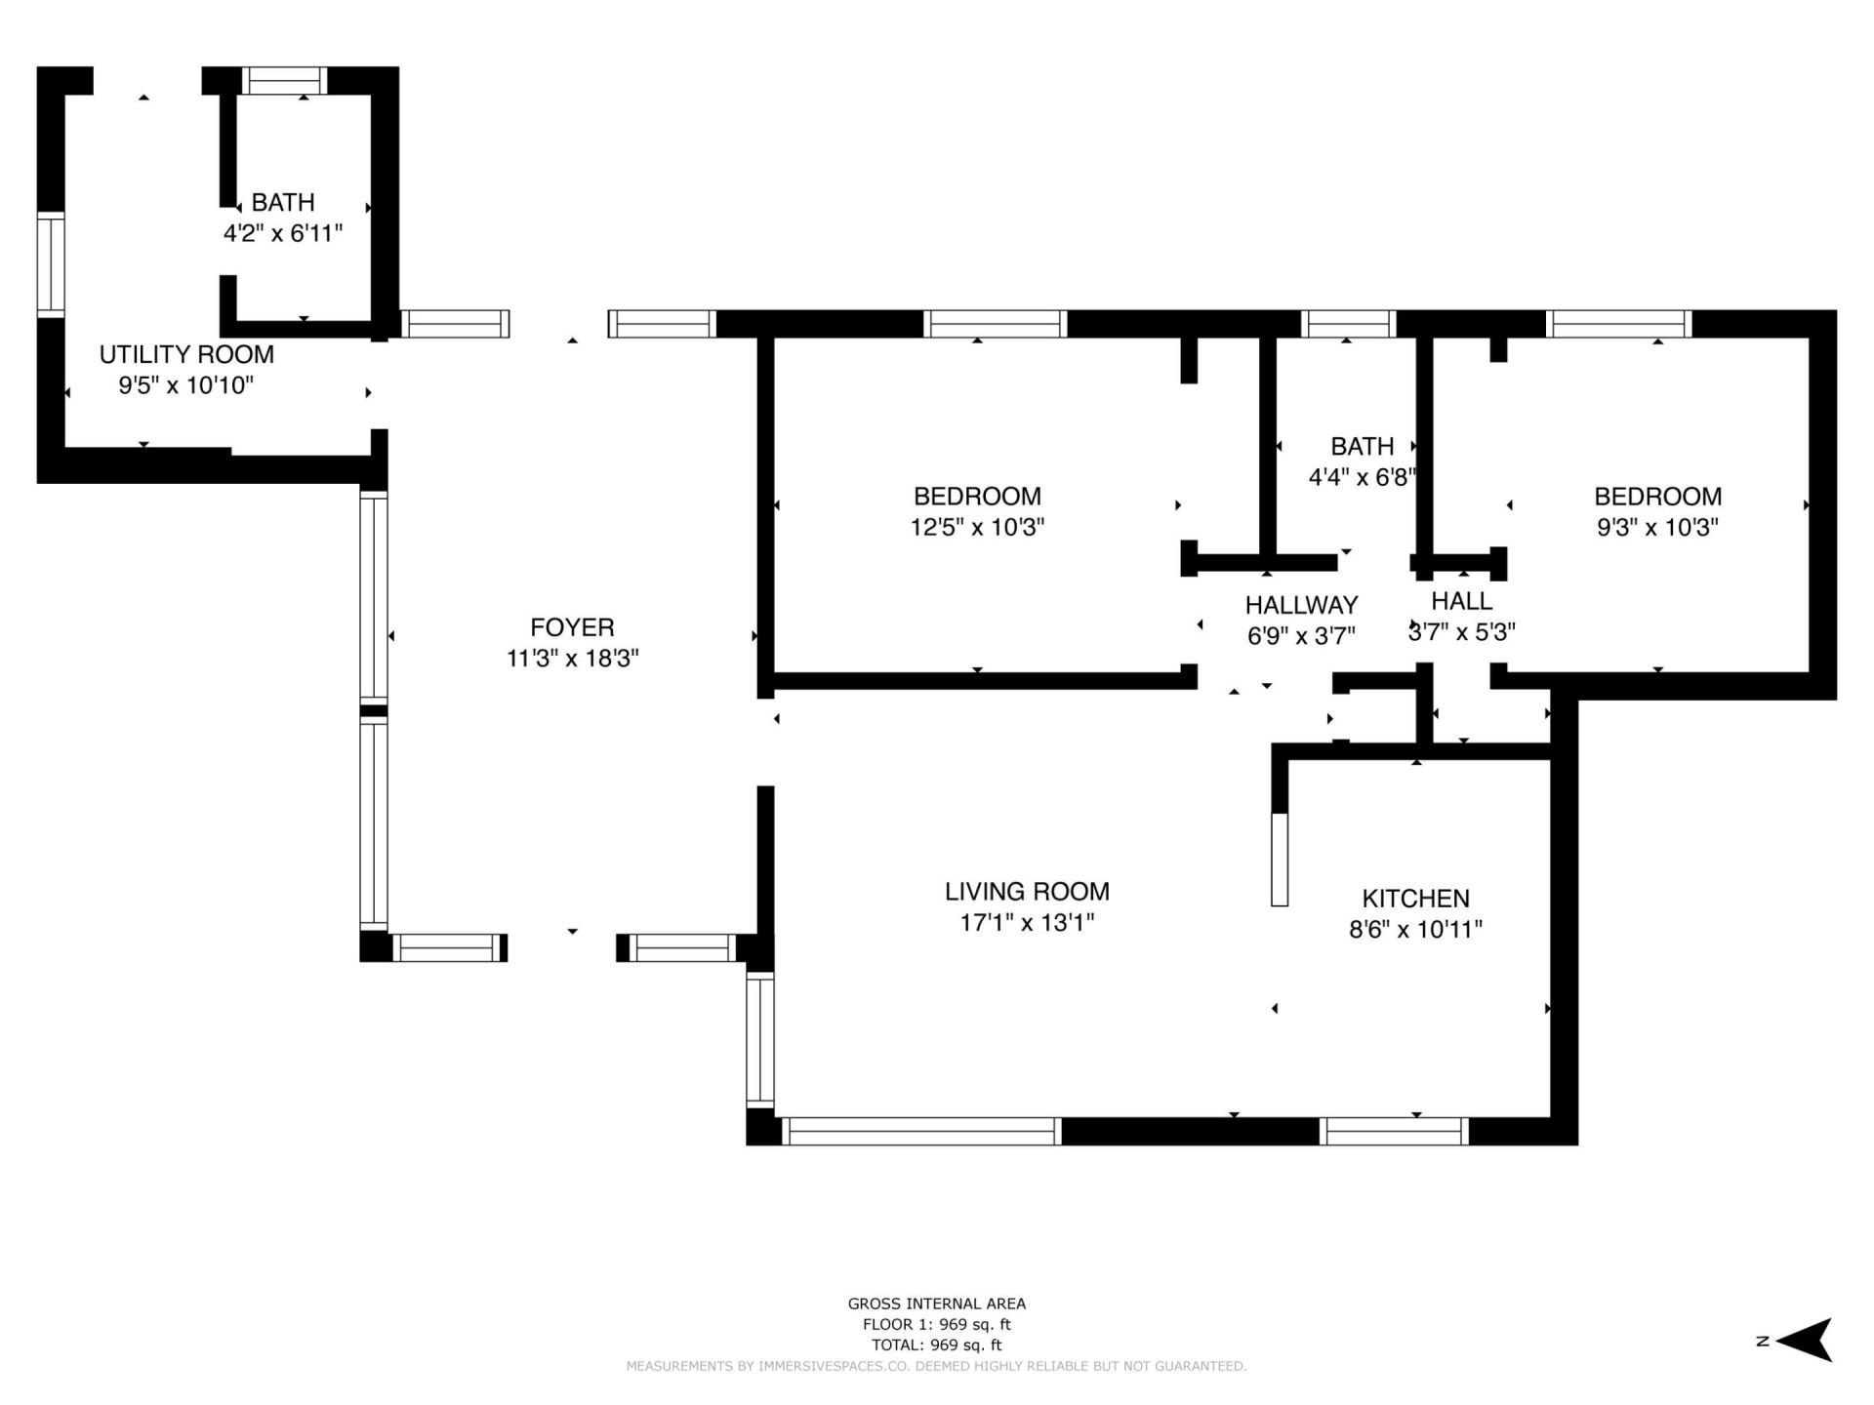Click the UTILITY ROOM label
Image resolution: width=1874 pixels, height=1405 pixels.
point(186,354)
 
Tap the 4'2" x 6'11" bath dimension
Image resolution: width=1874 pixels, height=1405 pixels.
point(283,233)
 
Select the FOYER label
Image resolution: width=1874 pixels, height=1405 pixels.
point(572,627)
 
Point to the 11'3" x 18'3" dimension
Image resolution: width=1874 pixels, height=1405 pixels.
point(572,659)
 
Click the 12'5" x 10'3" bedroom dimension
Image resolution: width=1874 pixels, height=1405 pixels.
point(977,527)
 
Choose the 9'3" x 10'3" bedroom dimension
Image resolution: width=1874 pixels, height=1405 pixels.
point(1657,527)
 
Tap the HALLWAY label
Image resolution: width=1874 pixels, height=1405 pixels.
point(1301,605)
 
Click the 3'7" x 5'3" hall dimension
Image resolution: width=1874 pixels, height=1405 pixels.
point(1461,632)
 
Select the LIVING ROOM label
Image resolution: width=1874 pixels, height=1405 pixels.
point(1027,891)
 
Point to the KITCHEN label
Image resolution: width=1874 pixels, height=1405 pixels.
point(1415,898)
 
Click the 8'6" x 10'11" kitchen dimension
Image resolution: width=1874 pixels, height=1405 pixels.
point(1415,929)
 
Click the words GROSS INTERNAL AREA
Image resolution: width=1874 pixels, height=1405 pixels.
point(936,1304)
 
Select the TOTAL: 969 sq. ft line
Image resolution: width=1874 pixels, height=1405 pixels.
point(936,1345)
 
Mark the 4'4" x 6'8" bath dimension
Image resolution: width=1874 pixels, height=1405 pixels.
point(1362,477)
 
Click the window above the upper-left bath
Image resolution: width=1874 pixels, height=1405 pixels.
point(284,81)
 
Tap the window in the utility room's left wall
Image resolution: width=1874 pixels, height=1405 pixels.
point(51,264)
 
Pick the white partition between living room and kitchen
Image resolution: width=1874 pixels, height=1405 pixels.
point(1280,859)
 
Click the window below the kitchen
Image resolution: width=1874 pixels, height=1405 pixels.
point(1394,1131)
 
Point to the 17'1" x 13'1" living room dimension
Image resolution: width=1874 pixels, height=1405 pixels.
point(1027,922)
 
